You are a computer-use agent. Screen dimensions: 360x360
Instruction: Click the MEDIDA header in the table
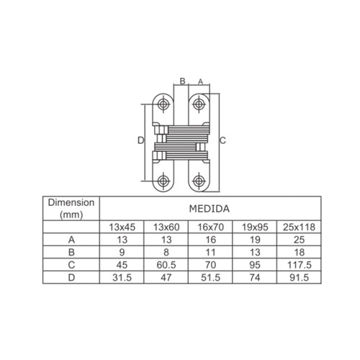click(210, 209)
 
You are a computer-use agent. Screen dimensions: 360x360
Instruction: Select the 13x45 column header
click(122, 227)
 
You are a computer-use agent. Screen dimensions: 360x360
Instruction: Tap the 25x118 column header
click(299, 227)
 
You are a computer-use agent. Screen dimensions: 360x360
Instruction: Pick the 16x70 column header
click(210, 227)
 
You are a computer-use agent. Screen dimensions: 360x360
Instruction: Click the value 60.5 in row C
click(166, 265)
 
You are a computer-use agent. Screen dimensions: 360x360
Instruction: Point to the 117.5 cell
click(300, 265)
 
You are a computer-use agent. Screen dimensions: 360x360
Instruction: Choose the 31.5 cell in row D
click(122, 278)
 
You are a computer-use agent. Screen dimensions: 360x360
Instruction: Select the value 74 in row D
click(255, 278)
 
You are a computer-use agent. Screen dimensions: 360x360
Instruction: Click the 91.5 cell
click(300, 278)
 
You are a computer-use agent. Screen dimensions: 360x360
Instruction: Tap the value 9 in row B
click(122, 253)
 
